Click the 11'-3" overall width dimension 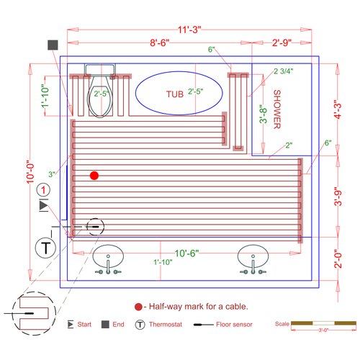189,30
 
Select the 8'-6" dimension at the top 160,42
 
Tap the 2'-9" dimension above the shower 282,42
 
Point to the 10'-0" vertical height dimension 30,172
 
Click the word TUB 175,94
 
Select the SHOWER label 277,109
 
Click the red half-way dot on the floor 94,176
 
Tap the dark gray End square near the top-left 53,45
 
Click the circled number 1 43,190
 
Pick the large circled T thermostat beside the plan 45,248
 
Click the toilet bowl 100,101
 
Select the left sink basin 108,256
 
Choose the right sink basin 253,256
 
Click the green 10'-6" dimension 186,253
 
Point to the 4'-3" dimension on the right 338,109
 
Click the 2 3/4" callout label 284,71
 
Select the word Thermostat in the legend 166,325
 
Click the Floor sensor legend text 234,325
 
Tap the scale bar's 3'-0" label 323,330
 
